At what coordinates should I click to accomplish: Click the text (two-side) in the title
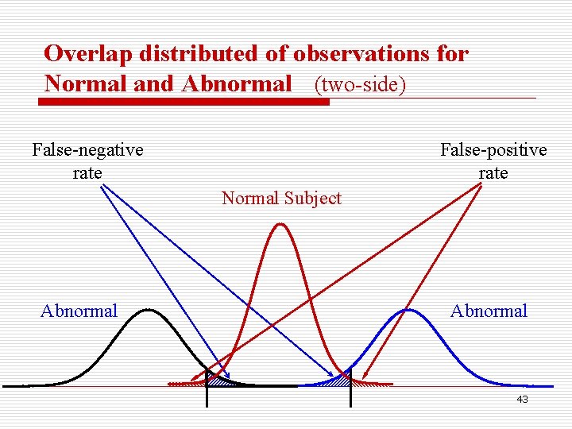point(361,84)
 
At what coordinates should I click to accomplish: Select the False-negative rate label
point(87,160)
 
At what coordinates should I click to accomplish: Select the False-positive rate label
point(493,160)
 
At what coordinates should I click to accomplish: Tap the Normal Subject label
point(281,198)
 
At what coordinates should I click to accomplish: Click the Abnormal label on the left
point(79,311)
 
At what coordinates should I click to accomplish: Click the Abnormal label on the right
point(489,311)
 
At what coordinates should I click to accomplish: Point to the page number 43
point(522,400)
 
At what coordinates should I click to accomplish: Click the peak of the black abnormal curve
point(145,310)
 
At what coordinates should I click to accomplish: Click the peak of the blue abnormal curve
point(408,310)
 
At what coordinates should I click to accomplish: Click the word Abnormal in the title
point(237,84)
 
